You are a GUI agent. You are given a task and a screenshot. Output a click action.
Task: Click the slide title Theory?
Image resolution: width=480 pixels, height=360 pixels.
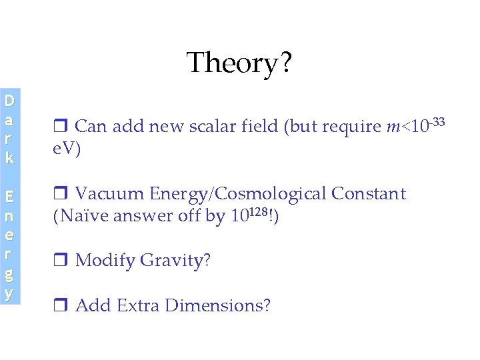click(x=239, y=63)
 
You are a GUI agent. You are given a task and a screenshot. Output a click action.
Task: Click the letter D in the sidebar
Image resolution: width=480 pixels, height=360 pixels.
click(x=9, y=101)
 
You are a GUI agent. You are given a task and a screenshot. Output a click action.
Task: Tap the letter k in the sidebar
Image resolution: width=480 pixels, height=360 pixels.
click(x=9, y=159)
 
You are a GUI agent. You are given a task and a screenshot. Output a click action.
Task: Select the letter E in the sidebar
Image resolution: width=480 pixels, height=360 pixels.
click(x=9, y=197)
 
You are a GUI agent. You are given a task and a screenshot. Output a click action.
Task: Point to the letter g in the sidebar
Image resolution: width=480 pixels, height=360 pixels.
click(x=9, y=274)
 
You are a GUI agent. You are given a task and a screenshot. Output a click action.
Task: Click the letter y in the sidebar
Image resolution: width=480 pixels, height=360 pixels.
click(x=9, y=293)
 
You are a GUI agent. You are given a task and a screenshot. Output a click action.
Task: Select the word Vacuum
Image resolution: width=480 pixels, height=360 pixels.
click(x=109, y=194)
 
